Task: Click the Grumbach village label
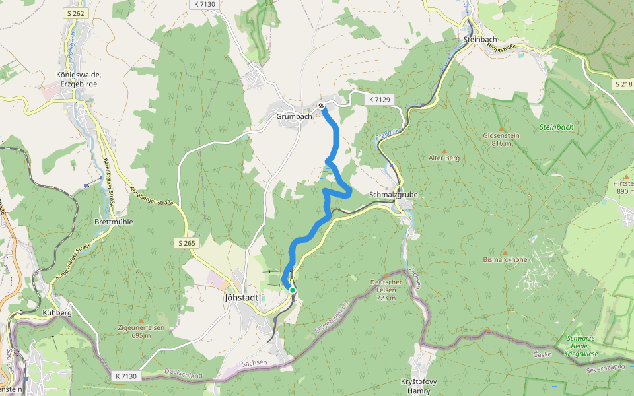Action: pos(294,116)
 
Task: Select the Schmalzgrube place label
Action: pos(394,195)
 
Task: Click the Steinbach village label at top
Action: pos(479,39)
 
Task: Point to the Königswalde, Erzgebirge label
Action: pos(78,79)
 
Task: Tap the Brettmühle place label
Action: pos(114,222)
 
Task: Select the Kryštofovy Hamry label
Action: pos(419,386)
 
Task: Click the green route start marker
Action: pos(292,290)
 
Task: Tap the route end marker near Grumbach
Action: pos(321,106)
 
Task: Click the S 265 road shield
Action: pos(187,243)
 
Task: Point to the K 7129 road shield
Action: pos(380,99)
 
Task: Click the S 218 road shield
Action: pos(623,84)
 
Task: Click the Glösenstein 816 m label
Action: pos(502,139)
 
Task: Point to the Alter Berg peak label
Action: pos(444,158)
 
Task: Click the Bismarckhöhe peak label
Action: pos(505,259)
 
